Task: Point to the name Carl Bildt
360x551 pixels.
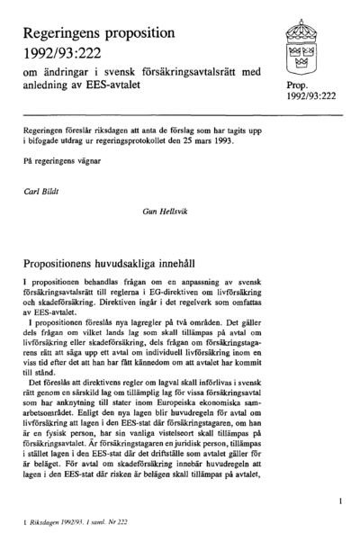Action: (x=40, y=192)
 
